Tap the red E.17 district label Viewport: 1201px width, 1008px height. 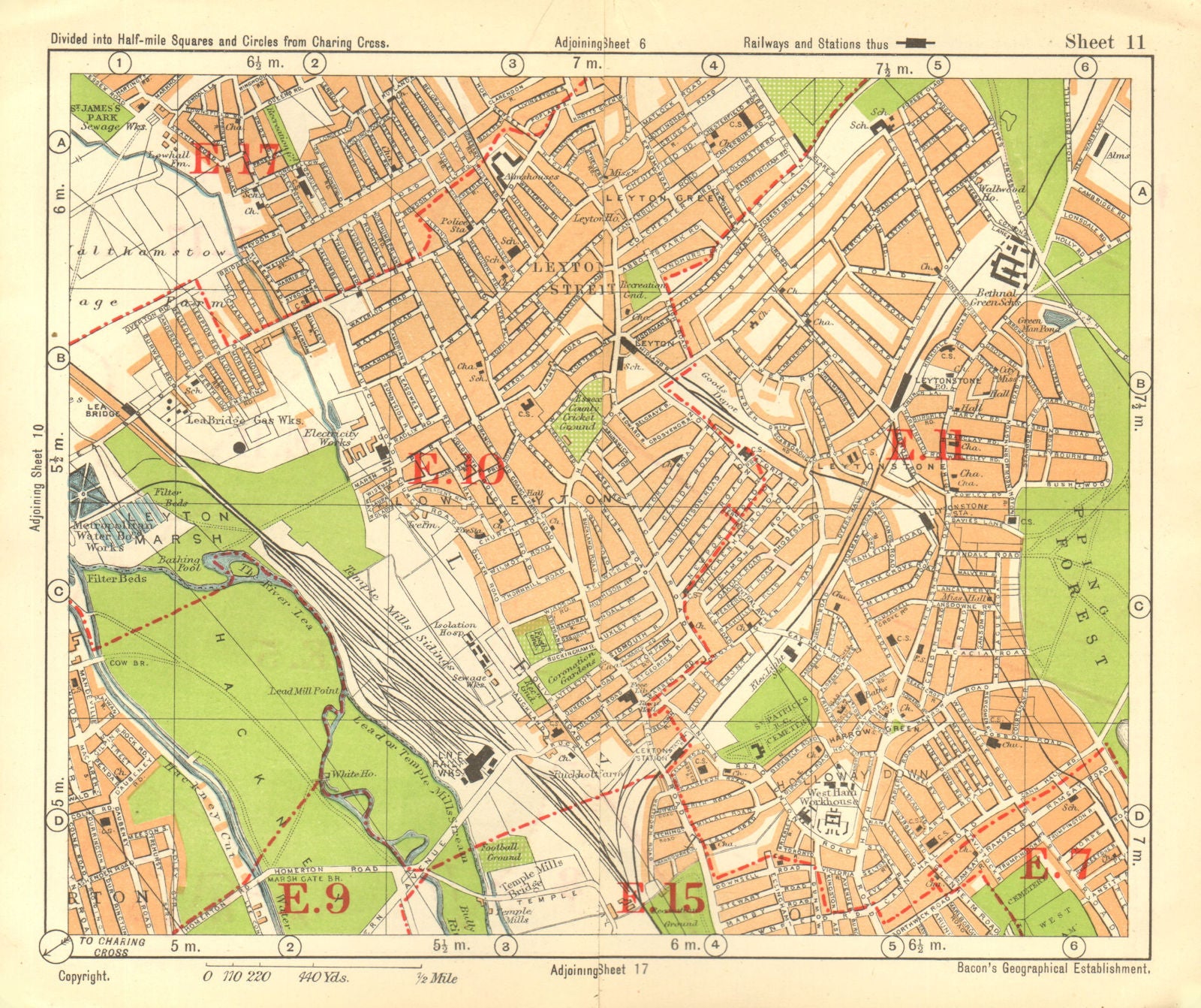click(x=238, y=159)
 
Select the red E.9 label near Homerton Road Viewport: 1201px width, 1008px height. click(x=313, y=899)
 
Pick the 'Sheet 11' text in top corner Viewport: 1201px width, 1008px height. click(x=1105, y=42)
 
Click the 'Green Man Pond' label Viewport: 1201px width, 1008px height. click(x=1039, y=323)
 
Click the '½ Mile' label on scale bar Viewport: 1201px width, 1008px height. click(x=437, y=979)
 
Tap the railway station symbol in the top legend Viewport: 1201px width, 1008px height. click(x=914, y=44)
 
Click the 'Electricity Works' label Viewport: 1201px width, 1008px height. click(x=332, y=439)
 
